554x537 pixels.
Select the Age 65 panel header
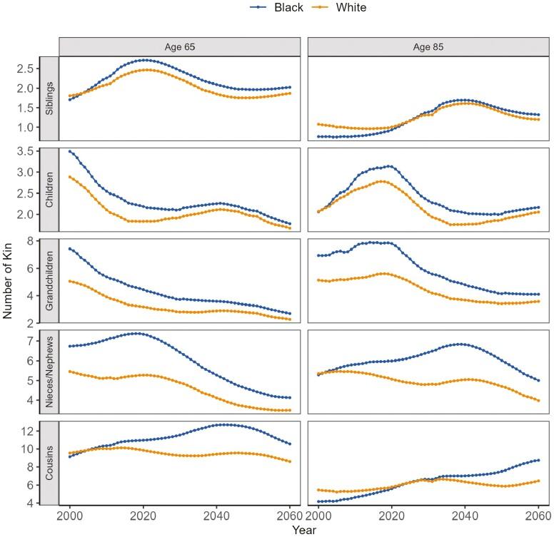179,46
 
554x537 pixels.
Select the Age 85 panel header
428,46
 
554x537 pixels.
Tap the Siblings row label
49,98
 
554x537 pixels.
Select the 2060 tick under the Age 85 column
538,515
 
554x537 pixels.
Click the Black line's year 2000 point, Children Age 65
70,151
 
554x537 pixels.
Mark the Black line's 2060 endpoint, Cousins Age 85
538,460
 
